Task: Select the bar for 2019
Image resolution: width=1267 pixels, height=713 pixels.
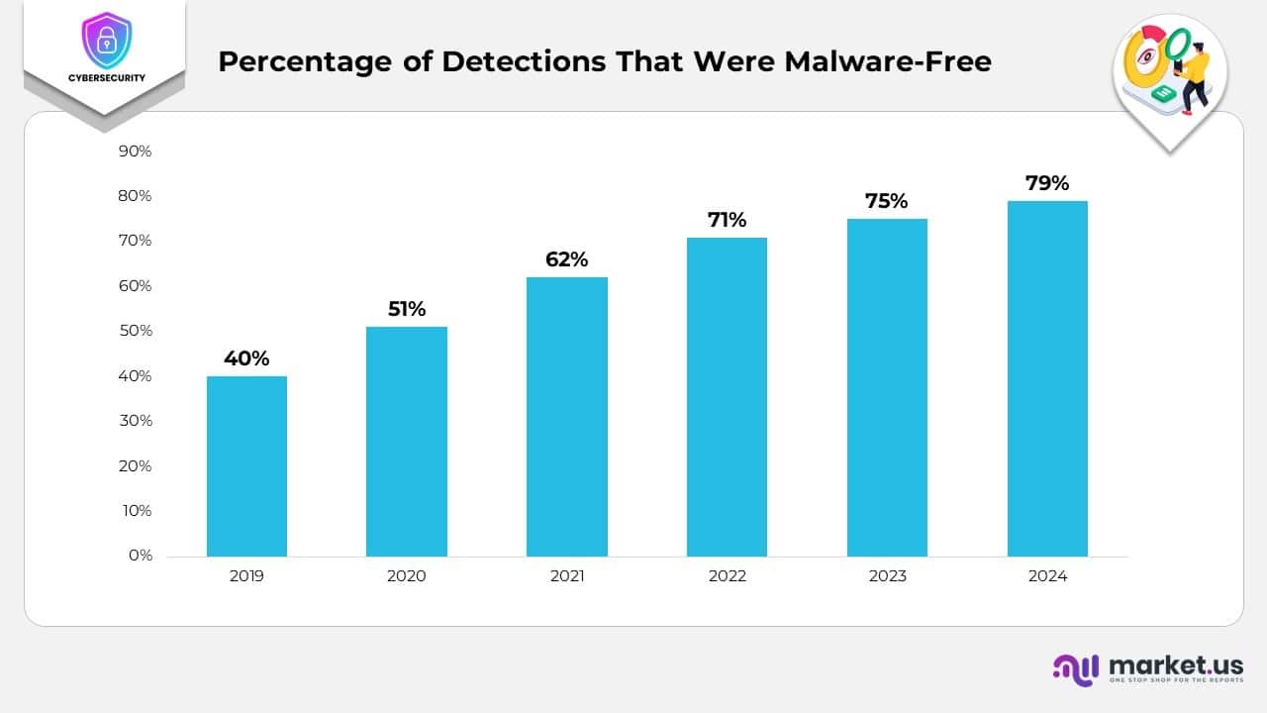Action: (x=246, y=466)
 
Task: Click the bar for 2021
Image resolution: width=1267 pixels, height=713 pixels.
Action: (x=566, y=417)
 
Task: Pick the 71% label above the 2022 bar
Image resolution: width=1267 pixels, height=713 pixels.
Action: (x=727, y=220)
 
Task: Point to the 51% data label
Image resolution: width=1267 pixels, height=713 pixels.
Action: (x=406, y=309)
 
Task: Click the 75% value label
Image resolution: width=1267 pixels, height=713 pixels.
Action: (x=886, y=201)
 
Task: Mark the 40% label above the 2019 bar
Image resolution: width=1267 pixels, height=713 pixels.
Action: (x=246, y=358)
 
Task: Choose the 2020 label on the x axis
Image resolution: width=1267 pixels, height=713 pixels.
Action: (x=406, y=576)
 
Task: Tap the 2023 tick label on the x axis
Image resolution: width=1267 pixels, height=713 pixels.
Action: (x=887, y=576)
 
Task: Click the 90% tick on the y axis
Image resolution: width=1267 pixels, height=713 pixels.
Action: (x=135, y=152)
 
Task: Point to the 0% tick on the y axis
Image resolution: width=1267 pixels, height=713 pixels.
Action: (x=140, y=556)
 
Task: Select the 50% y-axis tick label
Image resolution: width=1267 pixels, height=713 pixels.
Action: (x=135, y=331)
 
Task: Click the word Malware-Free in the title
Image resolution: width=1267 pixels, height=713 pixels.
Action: (x=888, y=61)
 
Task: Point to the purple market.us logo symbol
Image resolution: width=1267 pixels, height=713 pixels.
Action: (x=1076, y=668)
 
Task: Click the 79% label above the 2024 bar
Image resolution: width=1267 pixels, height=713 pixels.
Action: (x=1047, y=183)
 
